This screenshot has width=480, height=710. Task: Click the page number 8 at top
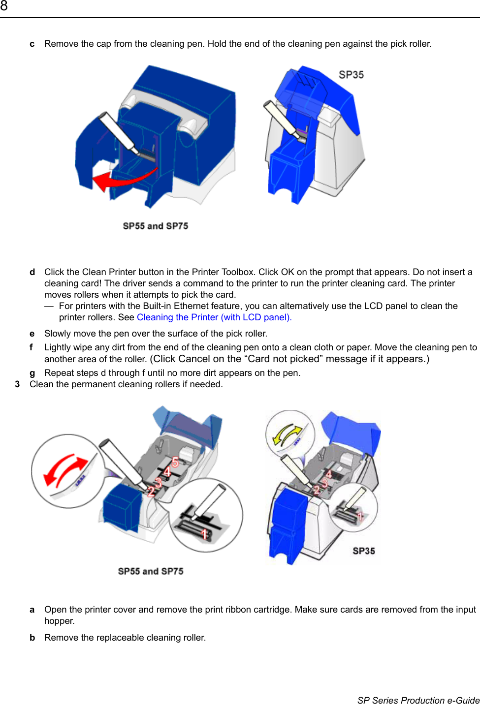(4, 6)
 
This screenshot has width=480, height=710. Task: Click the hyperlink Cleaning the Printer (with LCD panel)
(214, 317)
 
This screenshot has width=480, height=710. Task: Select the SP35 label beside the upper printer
(351, 75)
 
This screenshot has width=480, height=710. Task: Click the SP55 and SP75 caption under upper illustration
(156, 226)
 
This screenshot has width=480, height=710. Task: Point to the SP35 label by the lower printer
(364, 551)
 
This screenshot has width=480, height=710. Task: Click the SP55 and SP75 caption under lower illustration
(151, 571)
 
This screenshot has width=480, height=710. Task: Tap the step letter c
(32, 44)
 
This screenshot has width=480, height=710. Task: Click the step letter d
(32, 272)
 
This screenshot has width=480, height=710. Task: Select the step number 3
(17, 384)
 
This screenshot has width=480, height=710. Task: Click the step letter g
(32, 373)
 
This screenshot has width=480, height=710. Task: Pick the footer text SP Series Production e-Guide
(418, 700)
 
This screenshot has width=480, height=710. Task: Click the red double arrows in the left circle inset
(65, 470)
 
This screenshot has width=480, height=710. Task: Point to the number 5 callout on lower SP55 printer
(175, 463)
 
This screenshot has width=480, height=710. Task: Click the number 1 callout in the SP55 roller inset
(204, 534)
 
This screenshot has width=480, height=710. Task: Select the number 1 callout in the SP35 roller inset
(360, 516)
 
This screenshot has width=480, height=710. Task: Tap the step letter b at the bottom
(32, 638)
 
